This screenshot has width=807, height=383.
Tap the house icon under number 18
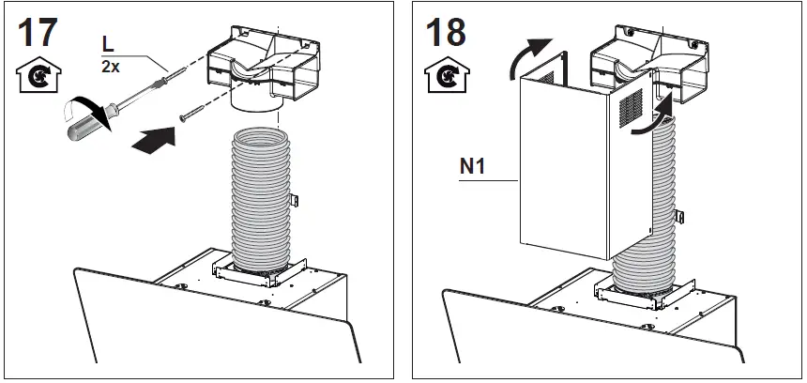click(440, 74)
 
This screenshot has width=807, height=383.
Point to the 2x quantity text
click(111, 66)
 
